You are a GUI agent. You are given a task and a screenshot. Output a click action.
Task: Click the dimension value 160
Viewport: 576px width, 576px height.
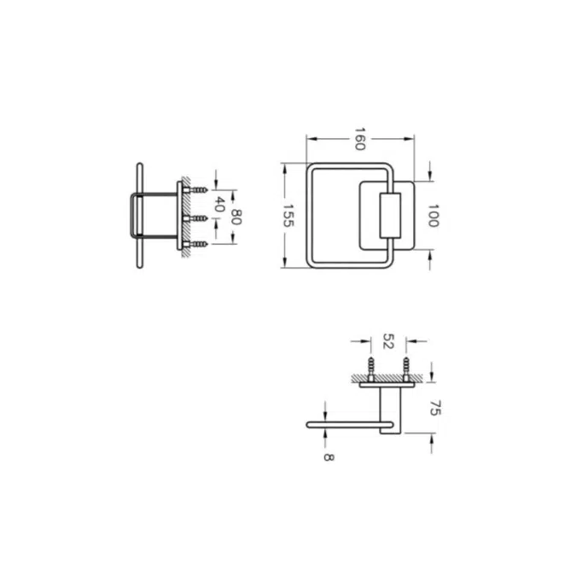359,139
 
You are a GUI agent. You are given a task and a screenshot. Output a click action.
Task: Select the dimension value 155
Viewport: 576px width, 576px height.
288,216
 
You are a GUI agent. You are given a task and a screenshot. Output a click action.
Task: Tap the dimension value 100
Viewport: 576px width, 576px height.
433,216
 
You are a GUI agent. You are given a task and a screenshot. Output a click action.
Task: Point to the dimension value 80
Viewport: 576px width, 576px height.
236,217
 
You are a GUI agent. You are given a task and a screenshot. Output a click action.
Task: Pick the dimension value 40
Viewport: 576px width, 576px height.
219,204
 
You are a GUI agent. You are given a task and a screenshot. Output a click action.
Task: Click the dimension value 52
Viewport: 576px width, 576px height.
388,340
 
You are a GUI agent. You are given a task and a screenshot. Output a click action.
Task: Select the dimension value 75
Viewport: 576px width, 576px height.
435,408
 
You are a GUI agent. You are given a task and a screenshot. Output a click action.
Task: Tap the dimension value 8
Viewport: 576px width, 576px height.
329,457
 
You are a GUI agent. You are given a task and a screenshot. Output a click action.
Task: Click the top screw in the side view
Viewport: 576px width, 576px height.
195,190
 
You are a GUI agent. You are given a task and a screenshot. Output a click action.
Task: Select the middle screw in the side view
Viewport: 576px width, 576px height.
195,218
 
